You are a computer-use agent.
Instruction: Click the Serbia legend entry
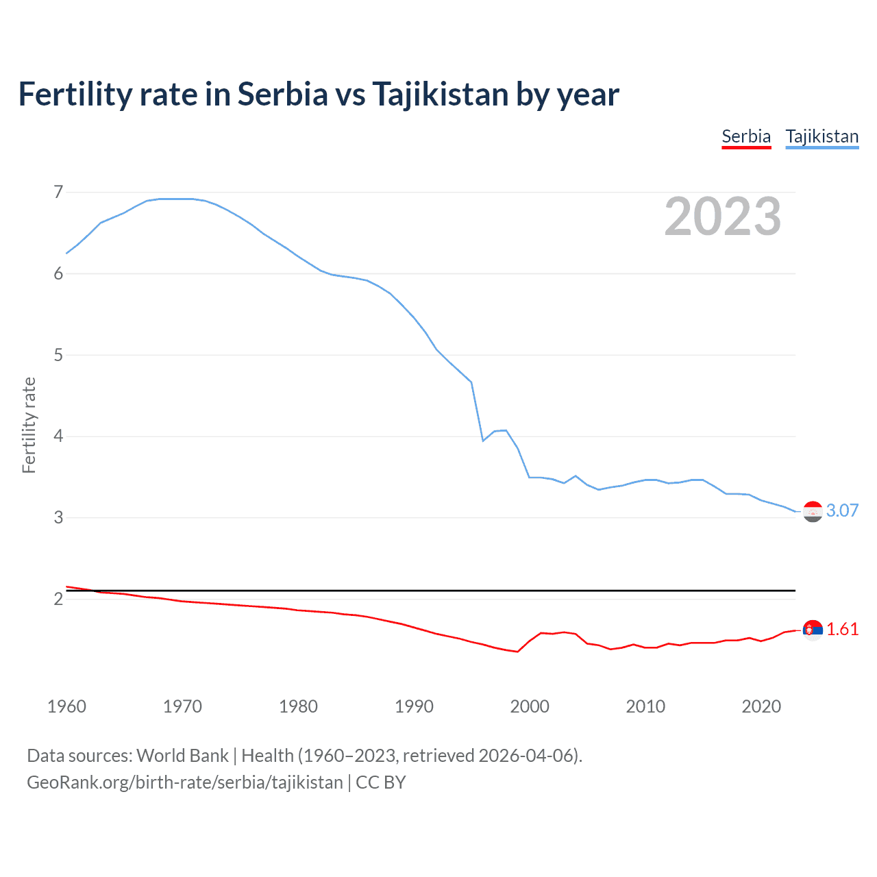[x=746, y=136]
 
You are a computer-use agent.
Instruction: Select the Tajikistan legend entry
[x=822, y=136]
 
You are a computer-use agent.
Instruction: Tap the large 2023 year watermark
[x=722, y=217]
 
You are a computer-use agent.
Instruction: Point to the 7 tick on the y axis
[x=58, y=192]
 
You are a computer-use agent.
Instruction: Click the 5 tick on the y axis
[x=58, y=355]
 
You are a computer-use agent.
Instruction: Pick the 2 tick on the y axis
[x=58, y=599]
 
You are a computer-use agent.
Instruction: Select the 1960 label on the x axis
[x=66, y=706]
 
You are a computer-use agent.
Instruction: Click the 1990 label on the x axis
[x=414, y=706]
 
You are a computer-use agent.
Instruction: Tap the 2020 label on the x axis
[x=761, y=706]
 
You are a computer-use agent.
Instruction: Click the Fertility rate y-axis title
[x=29, y=425]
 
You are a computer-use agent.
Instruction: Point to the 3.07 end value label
[x=842, y=510]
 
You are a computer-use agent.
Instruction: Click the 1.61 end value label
[x=842, y=629]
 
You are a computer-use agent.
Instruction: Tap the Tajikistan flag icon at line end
[x=813, y=511]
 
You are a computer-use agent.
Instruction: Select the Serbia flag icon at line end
[x=813, y=629]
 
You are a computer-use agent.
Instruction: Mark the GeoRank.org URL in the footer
[x=184, y=782]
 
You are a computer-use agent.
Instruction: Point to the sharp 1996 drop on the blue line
[x=482, y=440]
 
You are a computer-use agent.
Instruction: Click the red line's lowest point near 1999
[x=517, y=652]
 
